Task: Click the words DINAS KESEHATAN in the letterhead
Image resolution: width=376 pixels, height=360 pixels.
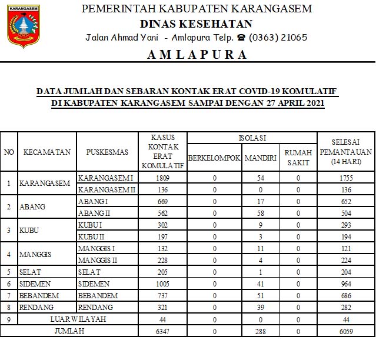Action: pos(197,24)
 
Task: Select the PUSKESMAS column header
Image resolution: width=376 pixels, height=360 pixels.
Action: pos(107,152)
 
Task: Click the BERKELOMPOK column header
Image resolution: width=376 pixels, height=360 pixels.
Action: pos(214,158)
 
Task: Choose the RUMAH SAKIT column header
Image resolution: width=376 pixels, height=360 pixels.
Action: pos(298,157)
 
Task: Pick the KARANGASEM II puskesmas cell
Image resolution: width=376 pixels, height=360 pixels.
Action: pos(107,189)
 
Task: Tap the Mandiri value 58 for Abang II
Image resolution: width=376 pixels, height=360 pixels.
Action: pos(261,213)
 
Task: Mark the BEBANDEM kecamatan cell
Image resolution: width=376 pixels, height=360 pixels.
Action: pos(39,295)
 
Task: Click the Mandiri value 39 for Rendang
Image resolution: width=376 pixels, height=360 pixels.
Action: pos(261,307)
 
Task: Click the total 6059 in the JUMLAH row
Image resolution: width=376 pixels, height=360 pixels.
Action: pos(345,331)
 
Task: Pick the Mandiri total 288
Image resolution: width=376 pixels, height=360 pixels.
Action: pos(261,331)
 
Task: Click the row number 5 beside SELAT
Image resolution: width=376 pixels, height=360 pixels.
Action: pos(9,272)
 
